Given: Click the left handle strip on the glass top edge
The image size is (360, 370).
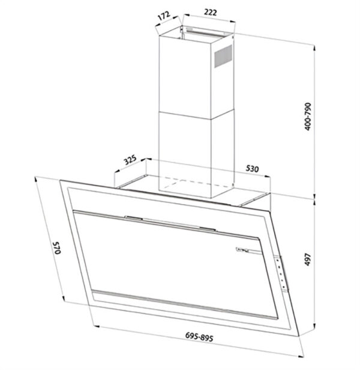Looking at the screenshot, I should (x=133, y=217).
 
